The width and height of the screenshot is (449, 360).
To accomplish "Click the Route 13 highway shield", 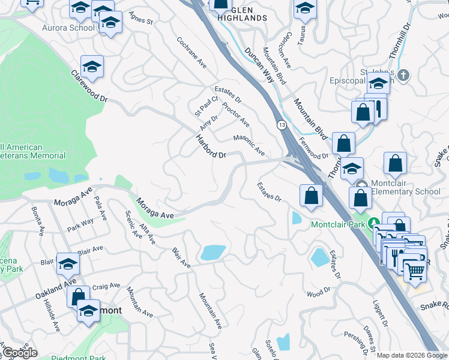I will (x=281, y=125).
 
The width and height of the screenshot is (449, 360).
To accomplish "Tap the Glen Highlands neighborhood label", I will (x=242, y=13).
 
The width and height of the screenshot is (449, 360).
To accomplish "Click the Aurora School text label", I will (x=68, y=28).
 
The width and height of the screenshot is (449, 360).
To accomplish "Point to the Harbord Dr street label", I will (x=210, y=146).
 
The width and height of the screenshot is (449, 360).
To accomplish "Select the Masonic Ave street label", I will (x=249, y=145).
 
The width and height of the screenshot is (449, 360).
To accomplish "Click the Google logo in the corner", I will (x=19, y=353).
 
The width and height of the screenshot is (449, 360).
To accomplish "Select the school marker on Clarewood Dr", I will (x=92, y=67).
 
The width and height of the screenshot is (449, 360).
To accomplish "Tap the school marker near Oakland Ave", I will (x=68, y=264).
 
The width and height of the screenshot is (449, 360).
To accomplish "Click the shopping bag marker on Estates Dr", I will (x=311, y=195).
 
